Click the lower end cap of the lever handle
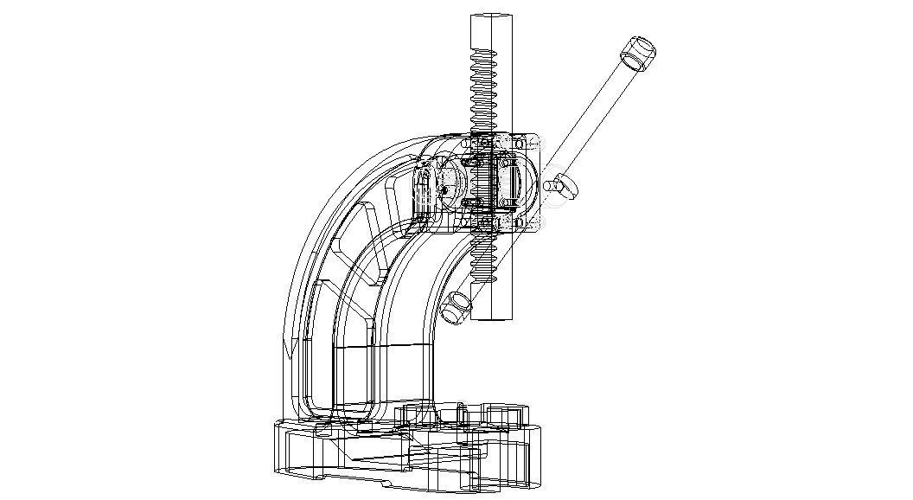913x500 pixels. click(456, 306)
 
